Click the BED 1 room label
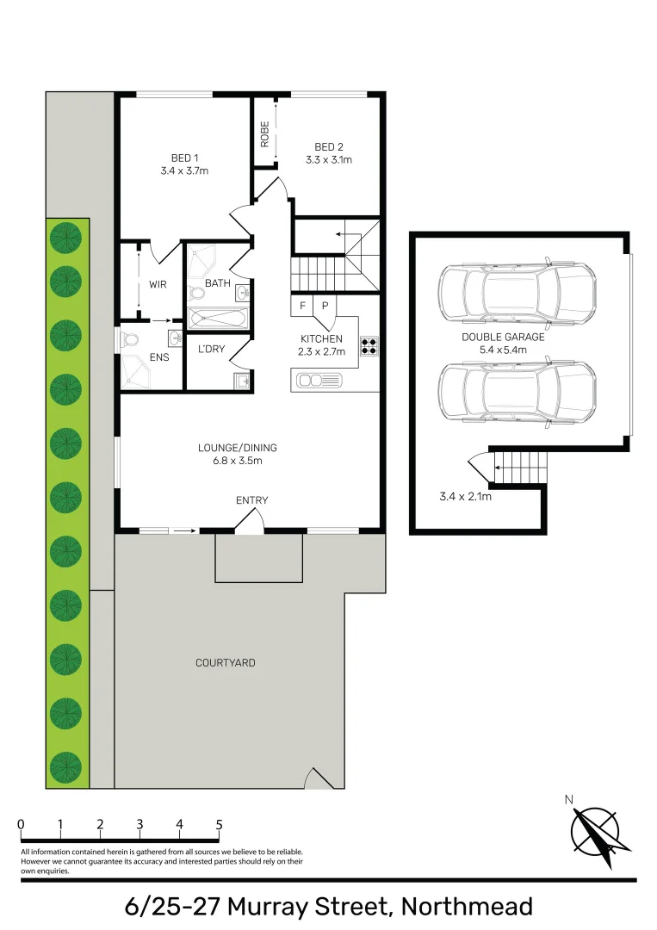click(x=184, y=158)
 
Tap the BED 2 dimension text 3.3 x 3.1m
click(x=328, y=159)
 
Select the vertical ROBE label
click(x=264, y=133)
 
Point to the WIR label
click(x=158, y=284)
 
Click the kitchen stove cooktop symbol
click(x=369, y=346)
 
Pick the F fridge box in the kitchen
click(x=303, y=306)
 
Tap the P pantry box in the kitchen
click(x=325, y=306)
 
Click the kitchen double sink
click(x=316, y=380)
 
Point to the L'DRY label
click(x=211, y=349)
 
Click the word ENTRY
click(x=251, y=500)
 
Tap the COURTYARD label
click(x=225, y=663)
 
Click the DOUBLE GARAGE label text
click(x=503, y=338)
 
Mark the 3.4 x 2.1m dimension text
click(x=465, y=497)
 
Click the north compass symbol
click(x=595, y=831)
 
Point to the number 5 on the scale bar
click(x=219, y=825)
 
